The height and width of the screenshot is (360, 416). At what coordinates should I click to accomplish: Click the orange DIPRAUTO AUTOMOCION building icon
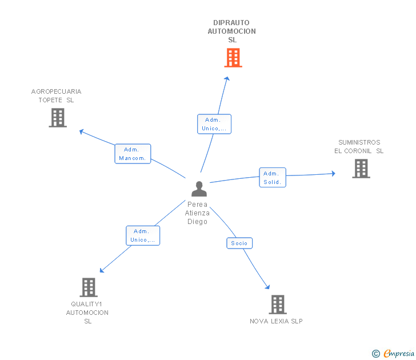233,58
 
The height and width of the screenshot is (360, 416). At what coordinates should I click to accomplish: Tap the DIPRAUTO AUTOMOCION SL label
231,31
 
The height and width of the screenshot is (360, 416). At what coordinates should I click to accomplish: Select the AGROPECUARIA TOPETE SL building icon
58,118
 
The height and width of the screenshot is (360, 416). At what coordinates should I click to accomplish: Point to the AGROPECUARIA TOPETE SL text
56,95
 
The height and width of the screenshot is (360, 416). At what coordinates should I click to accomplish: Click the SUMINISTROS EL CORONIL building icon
361,169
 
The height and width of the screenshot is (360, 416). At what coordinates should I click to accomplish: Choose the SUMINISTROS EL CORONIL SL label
359,147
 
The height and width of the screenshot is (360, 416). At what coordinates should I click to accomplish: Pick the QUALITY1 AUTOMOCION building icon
88,287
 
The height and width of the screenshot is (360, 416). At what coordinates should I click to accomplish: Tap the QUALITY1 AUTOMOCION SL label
87,313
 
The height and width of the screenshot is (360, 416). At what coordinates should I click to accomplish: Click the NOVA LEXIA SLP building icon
277,305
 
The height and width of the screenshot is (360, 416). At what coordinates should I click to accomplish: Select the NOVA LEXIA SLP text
276,321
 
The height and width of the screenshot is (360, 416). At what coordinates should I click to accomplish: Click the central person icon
199,189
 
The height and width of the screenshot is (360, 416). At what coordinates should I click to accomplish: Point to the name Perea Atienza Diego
197,213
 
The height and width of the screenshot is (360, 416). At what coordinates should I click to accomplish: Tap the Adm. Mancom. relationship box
133,154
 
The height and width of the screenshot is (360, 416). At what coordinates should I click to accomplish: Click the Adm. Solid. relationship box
273,178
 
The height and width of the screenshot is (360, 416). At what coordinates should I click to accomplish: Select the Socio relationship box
239,243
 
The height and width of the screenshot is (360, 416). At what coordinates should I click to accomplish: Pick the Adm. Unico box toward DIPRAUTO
214,124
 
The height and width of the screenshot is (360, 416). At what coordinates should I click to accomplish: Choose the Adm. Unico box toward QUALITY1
143,235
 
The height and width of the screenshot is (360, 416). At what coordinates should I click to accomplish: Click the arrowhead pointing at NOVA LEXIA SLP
267,287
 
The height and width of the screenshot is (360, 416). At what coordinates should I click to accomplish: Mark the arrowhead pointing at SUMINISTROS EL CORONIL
333,173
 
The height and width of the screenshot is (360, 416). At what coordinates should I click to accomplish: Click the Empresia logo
394,354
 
